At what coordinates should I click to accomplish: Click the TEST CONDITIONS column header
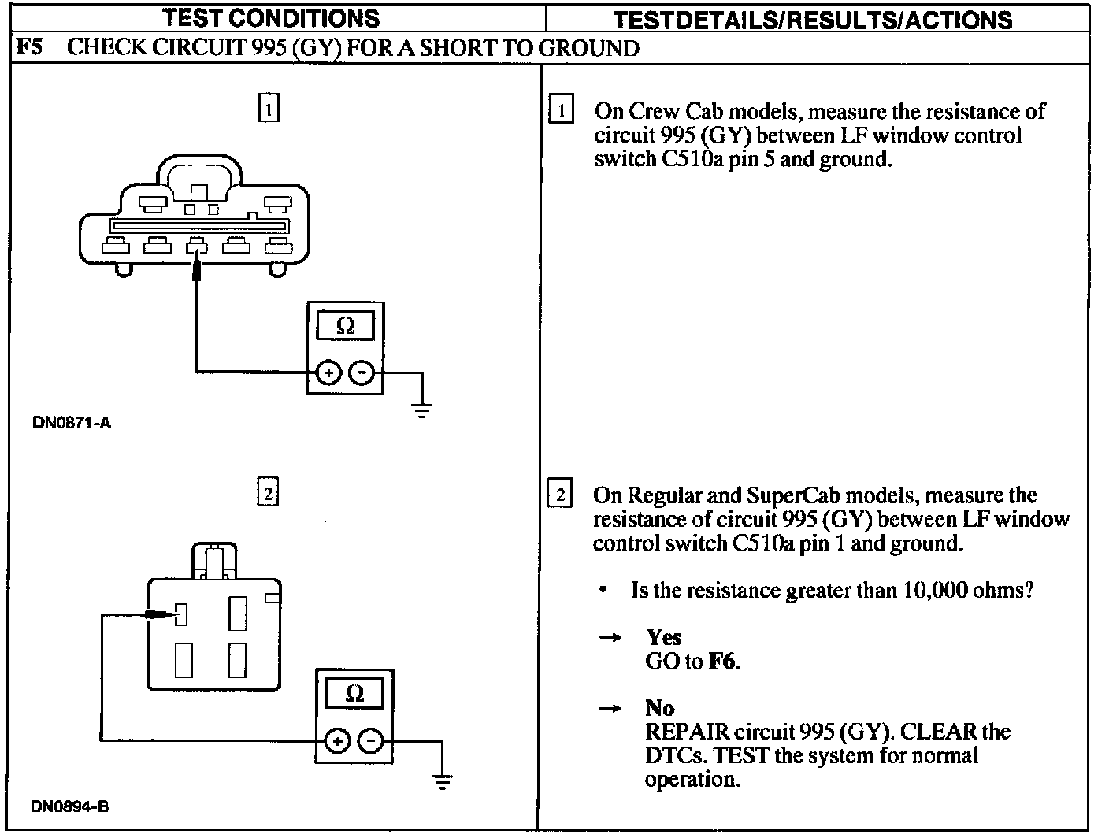pyautogui.click(x=272, y=17)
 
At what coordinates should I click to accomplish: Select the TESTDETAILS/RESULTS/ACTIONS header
pyautogui.click(x=813, y=20)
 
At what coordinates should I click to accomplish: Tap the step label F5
pyautogui.click(x=30, y=48)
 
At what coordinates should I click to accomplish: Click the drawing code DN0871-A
pyautogui.click(x=72, y=423)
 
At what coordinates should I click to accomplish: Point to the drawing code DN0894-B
pyautogui.click(x=70, y=806)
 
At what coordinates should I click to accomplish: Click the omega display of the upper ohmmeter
pyautogui.click(x=345, y=326)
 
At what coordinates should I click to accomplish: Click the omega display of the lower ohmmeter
pyautogui.click(x=354, y=694)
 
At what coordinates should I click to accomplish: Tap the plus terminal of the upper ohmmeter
pyautogui.click(x=328, y=373)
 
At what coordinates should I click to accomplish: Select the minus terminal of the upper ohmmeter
pyautogui.click(x=361, y=373)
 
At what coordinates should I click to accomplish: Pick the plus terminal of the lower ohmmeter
pyautogui.click(x=337, y=741)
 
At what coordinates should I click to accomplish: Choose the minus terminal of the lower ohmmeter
pyautogui.click(x=371, y=741)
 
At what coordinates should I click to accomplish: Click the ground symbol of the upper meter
pyautogui.click(x=422, y=409)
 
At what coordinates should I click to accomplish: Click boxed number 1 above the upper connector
pyautogui.click(x=269, y=108)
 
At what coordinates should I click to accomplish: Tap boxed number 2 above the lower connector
pyautogui.click(x=268, y=493)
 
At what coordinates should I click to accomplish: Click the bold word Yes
pyautogui.click(x=663, y=636)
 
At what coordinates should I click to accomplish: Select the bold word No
pyautogui.click(x=659, y=707)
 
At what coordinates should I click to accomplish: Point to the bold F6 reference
pyautogui.click(x=722, y=661)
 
